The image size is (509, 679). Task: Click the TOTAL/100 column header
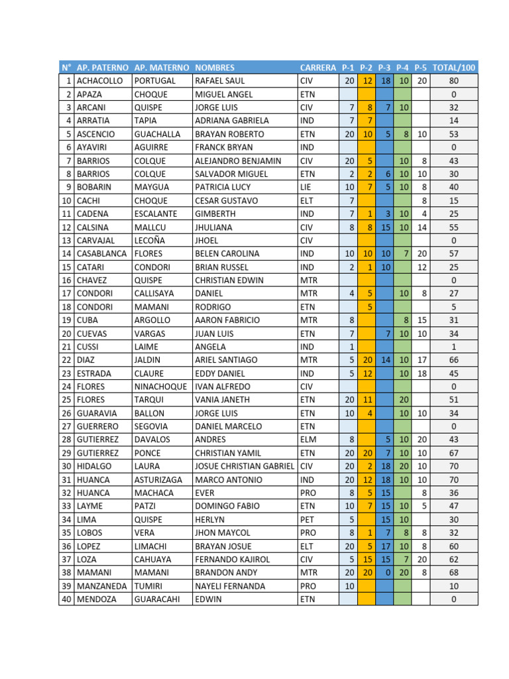tap(453, 68)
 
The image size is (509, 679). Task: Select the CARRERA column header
tap(317, 68)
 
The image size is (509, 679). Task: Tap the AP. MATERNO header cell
tap(161, 68)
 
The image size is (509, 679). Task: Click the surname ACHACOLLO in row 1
tap(100, 81)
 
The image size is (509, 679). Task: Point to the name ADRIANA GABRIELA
tap(232, 121)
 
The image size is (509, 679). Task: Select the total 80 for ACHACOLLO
tap(453, 81)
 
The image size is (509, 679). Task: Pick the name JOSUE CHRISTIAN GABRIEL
tap(245, 466)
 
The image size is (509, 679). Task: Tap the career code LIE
tap(306, 187)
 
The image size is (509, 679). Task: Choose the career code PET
tap(307, 519)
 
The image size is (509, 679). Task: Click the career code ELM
tap(308, 440)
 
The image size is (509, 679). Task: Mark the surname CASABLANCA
tap(102, 253)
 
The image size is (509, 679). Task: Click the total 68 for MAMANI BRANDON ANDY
tap(453, 572)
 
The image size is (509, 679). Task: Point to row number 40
tap(66, 599)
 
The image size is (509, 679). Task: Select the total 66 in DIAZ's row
tap(453, 359)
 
